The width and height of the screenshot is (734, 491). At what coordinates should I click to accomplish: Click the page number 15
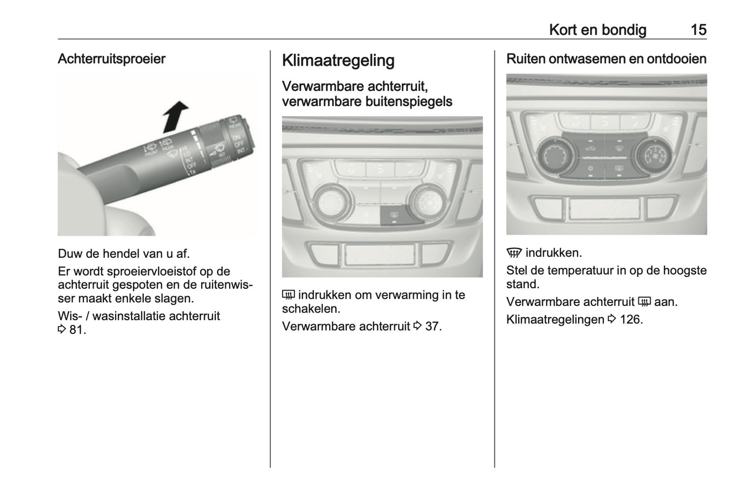(698, 30)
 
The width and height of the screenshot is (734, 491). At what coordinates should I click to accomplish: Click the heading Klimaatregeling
(338, 60)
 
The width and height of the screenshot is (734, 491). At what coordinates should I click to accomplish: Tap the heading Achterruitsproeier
(111, 59)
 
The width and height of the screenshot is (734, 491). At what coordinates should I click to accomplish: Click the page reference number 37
(433, 326)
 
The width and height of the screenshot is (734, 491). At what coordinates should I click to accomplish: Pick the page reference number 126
(631, 320)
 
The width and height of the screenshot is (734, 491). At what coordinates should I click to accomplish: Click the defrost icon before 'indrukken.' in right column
(514, 253)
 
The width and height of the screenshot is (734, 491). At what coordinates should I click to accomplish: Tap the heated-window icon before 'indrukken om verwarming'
(289, 295)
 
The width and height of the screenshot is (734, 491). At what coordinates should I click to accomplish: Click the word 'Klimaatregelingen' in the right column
(555, 320)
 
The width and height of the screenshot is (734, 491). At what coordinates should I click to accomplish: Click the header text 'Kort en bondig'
(597, 30)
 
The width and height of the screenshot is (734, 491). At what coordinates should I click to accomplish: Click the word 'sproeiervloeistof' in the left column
(147, 271)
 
